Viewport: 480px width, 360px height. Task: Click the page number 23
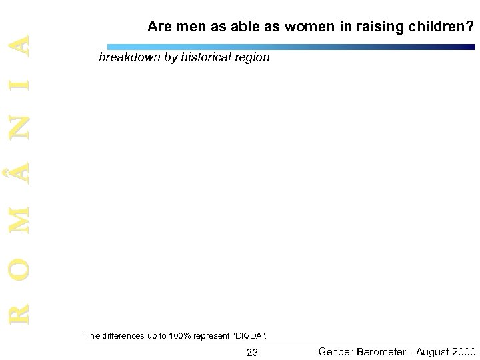(252, 351)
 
